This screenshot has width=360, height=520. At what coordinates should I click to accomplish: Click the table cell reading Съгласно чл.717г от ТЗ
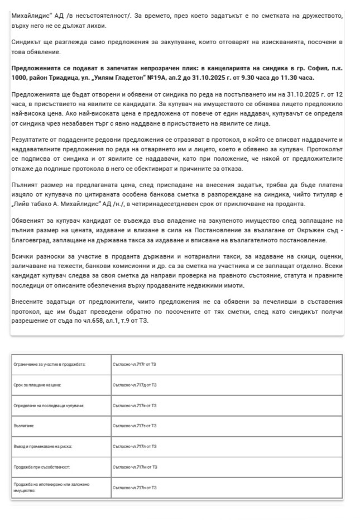coord(135,364)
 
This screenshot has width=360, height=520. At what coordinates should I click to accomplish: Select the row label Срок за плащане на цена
coord(37,385)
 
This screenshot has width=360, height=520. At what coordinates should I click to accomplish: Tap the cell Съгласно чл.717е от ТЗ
coord(135,405)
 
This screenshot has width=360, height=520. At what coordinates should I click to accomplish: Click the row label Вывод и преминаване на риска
coord(43,446)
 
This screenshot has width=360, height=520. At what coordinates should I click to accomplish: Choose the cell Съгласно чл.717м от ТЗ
coord(135,466)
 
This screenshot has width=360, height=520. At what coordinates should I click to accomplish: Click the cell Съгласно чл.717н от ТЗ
coord(135,488)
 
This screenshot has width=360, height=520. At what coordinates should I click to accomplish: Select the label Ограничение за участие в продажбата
coord(49,364)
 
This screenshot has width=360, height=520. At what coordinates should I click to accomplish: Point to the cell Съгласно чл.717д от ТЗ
coord(135,385)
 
